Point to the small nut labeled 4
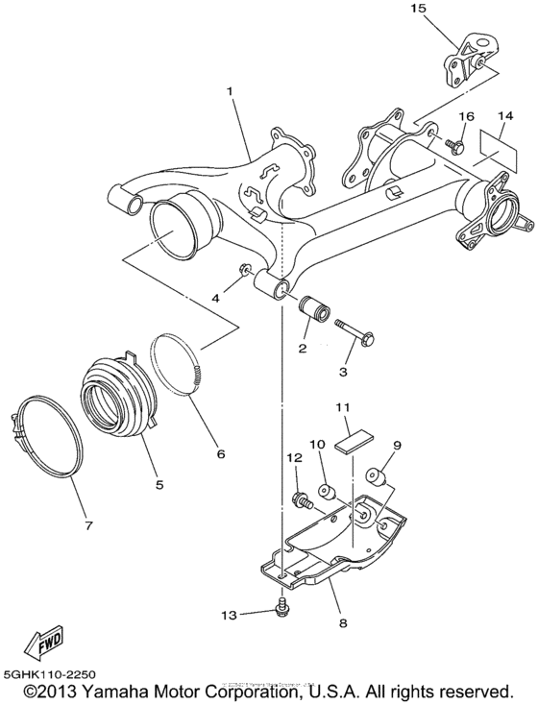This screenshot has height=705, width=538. click(x=246, y=268)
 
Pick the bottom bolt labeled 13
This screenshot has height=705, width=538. click(x=281, y=606)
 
